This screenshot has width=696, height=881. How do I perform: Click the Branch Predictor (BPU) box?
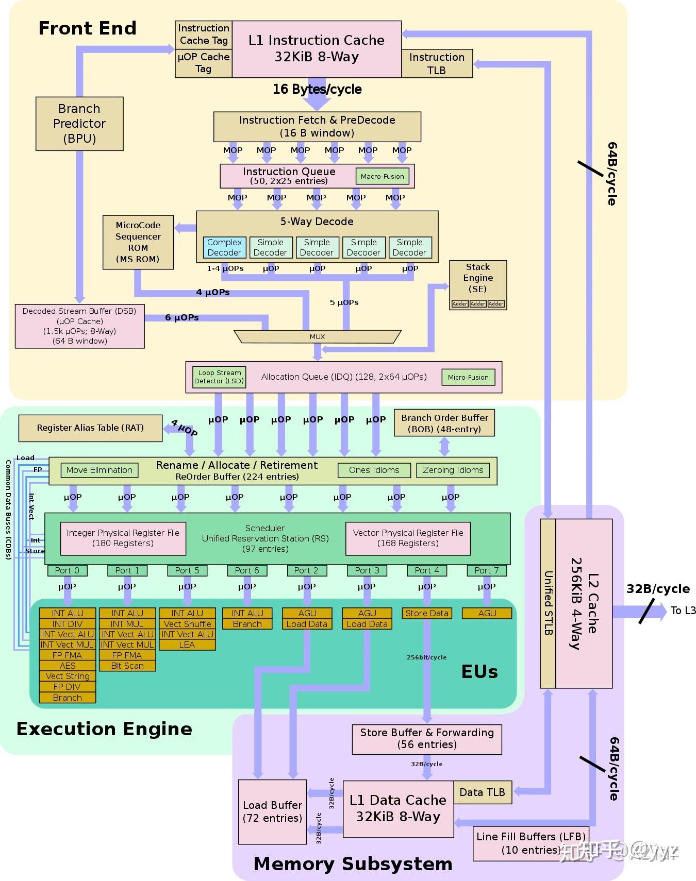79,124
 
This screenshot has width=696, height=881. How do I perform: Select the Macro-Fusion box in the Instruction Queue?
382,176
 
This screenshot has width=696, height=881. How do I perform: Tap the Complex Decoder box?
224,247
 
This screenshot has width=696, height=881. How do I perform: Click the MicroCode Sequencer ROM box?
138,242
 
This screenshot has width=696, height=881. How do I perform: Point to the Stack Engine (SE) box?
478,284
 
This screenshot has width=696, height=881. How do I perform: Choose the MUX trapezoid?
317,336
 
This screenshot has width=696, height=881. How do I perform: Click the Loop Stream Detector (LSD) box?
219,377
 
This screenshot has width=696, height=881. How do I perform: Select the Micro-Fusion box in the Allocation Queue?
468,377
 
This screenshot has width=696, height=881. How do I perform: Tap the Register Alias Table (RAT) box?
90,428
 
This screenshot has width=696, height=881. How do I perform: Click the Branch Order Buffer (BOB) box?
444,423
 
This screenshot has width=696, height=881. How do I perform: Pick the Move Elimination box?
99,470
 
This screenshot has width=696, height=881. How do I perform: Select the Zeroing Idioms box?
453,470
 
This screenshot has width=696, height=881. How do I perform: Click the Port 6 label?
247,570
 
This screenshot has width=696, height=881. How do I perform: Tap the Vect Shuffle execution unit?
187,624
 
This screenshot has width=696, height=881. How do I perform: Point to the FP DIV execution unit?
68,687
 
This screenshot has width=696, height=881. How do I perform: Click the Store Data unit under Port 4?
427,613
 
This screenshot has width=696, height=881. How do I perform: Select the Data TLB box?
483,792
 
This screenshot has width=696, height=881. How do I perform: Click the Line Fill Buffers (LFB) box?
531,843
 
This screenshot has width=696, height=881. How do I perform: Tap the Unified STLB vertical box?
548,603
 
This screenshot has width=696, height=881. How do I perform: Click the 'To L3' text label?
683,611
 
